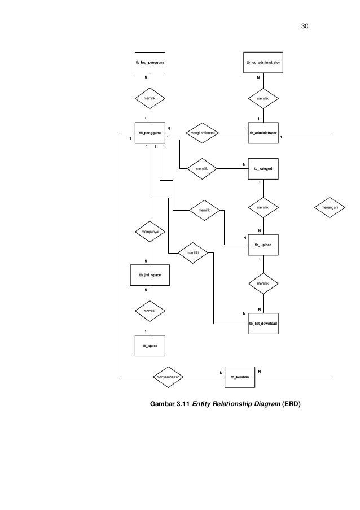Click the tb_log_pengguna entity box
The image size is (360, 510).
coord(150,63)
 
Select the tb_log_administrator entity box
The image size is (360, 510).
coord(263,63)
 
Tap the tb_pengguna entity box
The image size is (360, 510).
coord(150,133)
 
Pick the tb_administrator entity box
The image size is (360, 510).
coord(263,133)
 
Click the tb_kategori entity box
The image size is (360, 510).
coord(263,169)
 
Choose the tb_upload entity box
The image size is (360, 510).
coord(263,245)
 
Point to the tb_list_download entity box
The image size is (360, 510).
coord(263,324)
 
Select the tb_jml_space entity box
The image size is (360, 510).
coord(150,275)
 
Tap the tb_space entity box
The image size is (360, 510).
coord(150,346)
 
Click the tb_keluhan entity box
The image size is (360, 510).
coord(240,377)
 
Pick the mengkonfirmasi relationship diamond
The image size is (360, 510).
coord(202,133)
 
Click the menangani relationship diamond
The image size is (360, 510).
coord(330,207)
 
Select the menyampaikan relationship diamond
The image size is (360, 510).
coord(168,377)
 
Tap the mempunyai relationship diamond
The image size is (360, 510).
coord(150,232)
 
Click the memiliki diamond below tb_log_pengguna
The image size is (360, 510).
coord(150,98)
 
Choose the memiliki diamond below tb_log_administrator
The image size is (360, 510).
coord(263,98)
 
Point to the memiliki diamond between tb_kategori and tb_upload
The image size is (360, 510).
coord(263,207)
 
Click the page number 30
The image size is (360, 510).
coord(305,26)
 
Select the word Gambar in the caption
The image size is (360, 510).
coord(162,404)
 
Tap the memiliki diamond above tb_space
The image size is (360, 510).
coord(150,311)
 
